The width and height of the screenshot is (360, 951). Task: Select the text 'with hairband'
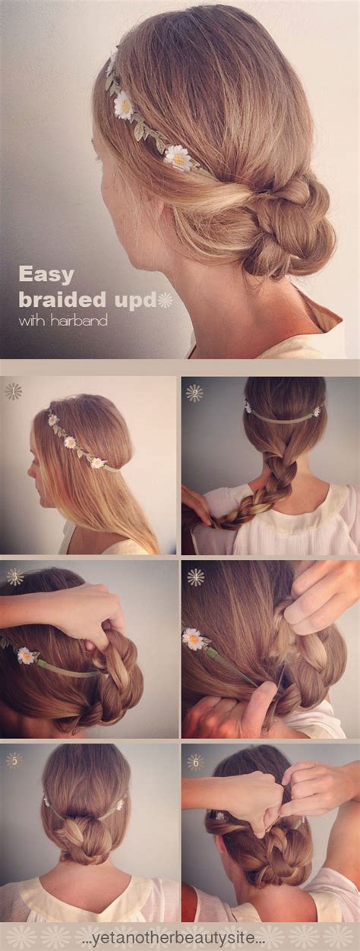tap(63, 321)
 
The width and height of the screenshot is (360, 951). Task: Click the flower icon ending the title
tap(165, 299)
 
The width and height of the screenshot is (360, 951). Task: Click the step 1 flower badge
tap(13, 392)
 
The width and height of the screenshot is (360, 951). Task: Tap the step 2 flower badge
tap(194, 393)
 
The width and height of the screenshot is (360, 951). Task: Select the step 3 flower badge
tap(14, 577)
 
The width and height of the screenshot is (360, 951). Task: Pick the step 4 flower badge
tap(195, 577)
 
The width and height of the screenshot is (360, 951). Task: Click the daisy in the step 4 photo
tap(194, 639)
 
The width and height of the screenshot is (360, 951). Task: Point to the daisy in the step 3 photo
tap(27, 656)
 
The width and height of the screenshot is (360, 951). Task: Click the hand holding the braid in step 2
tap(196, 505)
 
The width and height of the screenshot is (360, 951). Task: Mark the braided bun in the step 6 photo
tap(262, 855)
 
